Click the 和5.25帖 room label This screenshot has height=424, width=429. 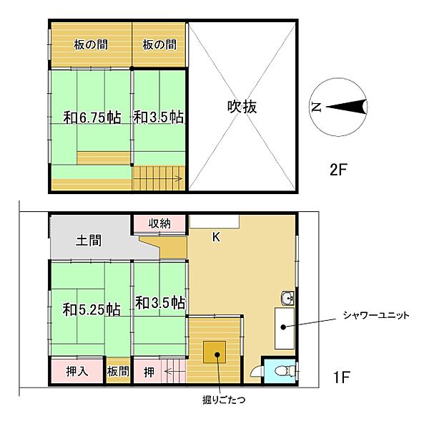coord(90,309)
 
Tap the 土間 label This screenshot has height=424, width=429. coord(89,241)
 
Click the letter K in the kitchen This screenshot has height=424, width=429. coord(216,236)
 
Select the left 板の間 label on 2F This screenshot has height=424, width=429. coord(90,45)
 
